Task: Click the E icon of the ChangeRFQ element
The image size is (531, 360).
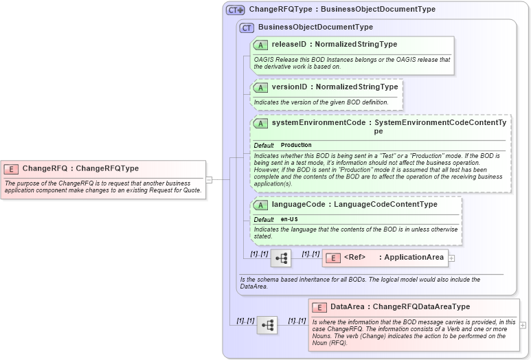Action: [x=11, y=168]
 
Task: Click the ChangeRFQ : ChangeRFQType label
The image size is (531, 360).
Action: [x=80, y=168]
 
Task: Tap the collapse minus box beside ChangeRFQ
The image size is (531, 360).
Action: [x=209, y=180]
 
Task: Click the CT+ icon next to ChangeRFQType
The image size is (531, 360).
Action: [x=236, y=10]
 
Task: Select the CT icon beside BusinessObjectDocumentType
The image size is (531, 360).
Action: [x=247, y=27]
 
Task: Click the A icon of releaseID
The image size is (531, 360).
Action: [x=260, y=45]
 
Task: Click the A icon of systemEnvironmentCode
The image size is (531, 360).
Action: [x=260, y=124]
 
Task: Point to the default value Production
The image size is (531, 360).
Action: [x=296, y=146]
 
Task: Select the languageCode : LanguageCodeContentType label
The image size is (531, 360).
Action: [x=354, y=205]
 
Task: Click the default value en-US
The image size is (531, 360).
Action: [x=289, y=219]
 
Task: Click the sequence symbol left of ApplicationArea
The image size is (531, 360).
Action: [x=281, y=258]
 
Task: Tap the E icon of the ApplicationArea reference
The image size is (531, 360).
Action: [x=332, y=258]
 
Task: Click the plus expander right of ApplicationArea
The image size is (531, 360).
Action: [x=452, y=258]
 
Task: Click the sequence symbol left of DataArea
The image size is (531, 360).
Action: [x=267, y=325]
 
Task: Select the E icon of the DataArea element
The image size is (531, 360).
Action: [x=319, y=307]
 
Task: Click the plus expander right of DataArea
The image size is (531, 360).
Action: [x=523, y=325]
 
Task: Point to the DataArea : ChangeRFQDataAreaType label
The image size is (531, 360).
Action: [x=400, y=307]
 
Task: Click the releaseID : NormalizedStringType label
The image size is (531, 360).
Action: [x=334, y=45]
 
